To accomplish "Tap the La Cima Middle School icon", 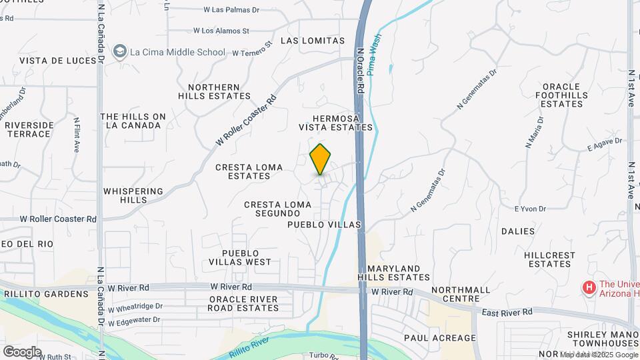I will click(120, 51).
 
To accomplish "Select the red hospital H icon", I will click(589, 287).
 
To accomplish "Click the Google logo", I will click(22, 351).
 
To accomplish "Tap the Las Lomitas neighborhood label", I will click(313, 41).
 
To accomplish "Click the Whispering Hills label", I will click(133, 195).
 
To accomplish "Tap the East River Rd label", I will click(508, 312).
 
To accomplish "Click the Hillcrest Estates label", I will click(549, 259).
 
